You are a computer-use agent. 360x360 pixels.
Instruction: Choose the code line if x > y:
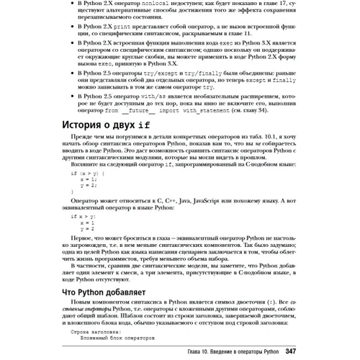83,216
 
